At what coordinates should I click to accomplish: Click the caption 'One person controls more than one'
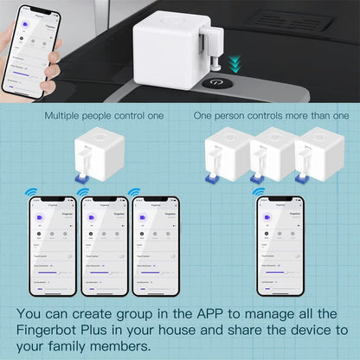(271, 115)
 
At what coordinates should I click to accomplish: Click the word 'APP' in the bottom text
(215, 312)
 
